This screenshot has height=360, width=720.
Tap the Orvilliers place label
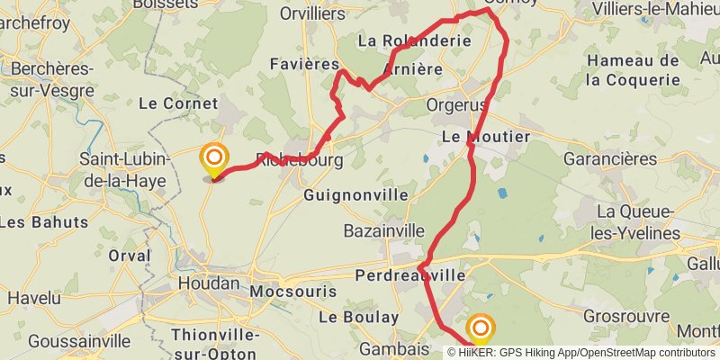(312, 13)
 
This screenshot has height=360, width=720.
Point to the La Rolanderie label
(414, 40)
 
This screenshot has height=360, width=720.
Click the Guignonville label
(355, 195)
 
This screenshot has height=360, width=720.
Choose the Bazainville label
(383, 231)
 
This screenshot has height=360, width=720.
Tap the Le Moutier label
(486, 137)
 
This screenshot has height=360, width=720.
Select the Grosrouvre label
(625, 317)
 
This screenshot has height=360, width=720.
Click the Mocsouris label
(292, 292)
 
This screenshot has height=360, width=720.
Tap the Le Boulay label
(357, 317)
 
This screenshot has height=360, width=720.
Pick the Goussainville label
(79, 341)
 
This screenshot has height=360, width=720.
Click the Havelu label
(33, 297)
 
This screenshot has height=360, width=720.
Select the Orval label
(130, 256)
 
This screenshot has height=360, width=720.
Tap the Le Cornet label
(178, 103)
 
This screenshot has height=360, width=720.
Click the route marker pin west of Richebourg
(214, 160)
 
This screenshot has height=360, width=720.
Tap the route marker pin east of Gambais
(481, 328)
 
